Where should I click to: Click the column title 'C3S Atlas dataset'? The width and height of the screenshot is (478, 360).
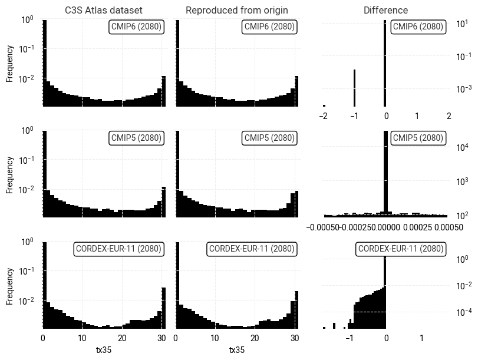coord(104,11)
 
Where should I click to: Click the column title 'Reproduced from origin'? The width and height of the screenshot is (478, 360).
coord(237,11)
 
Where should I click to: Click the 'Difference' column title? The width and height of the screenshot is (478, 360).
coord(385,11)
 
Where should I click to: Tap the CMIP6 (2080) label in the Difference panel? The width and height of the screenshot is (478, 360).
coord(417,27)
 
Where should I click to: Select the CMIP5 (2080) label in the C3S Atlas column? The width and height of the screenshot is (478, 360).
coord(136,138)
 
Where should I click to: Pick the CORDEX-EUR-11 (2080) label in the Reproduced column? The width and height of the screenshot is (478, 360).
coord(252,249)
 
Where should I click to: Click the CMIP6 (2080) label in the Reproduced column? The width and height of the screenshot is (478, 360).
coord(269,27)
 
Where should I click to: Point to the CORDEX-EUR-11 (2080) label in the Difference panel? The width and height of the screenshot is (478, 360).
coord(401,249)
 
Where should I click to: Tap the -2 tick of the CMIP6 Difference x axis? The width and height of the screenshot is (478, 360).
coord(322,116)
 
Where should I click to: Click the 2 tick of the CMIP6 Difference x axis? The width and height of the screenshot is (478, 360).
coord(449,116)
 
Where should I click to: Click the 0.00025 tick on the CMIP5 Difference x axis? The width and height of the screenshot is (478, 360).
coord(417,227)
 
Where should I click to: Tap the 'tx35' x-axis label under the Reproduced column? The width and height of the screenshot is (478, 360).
coord(237,350)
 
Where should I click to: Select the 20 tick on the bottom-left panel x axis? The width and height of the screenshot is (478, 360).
coord(122,338)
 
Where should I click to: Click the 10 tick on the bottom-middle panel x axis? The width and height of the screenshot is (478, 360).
coord(215,338)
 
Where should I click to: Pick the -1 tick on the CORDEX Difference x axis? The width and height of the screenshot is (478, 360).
coord(350,338)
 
